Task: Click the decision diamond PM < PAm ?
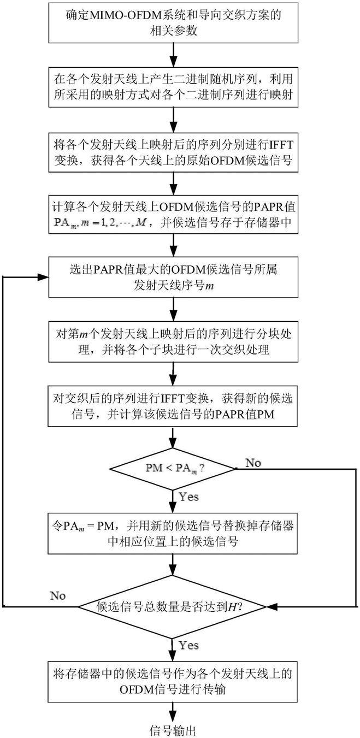click(x=174, y=468)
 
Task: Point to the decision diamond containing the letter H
click(x=173, y=606)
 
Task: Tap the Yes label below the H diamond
click(x=189, y=645)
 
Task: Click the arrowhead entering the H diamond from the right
click(x=271, y=607)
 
